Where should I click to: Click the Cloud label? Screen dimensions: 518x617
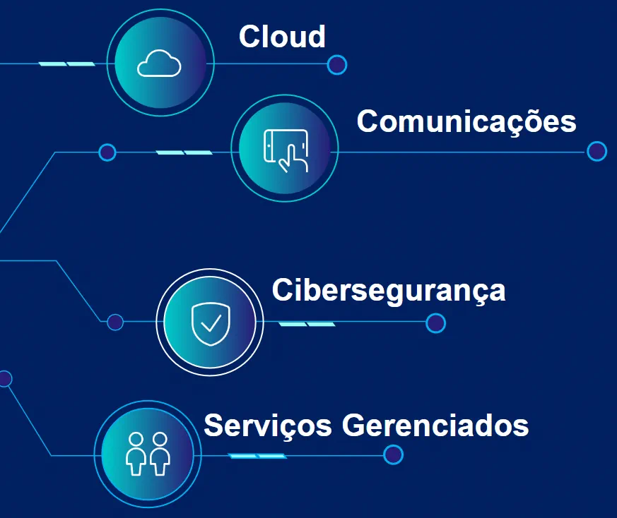[x=282, y=37]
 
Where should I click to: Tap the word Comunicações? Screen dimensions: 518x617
[x=466, y=121]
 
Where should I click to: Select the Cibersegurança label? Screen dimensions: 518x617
[x=389, y=290]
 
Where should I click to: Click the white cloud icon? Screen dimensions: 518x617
[x=159, y=64]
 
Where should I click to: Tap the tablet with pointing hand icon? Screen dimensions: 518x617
[x=286, y=150]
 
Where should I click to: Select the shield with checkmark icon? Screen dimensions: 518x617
[x=210, y=323]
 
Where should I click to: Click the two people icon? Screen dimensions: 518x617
[x=148, y=454]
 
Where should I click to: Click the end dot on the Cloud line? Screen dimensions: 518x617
[x=337, y=65]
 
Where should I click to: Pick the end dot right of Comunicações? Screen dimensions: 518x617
[x=597, y=151]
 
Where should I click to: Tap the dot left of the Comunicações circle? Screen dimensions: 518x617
[x=107, y=152]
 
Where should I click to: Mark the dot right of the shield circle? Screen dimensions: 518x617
[x=436, y=323]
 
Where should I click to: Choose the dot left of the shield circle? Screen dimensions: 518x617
[x=115, y=323]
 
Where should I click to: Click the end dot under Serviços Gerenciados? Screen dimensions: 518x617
[x=393, y=455]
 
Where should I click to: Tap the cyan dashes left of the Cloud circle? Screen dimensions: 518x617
[x=66, y=64]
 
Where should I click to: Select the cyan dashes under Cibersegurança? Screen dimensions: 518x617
[x=307, y=324]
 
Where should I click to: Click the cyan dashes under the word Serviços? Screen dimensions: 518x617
[x=257, y=456]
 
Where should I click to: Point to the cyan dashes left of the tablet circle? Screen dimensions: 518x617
[x=184, y=152]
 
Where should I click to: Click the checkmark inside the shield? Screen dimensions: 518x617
[x=210, y=324]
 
